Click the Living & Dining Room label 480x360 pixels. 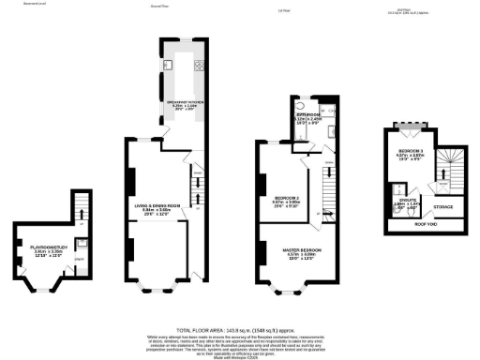pyautogui.click(x=156, y=209)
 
